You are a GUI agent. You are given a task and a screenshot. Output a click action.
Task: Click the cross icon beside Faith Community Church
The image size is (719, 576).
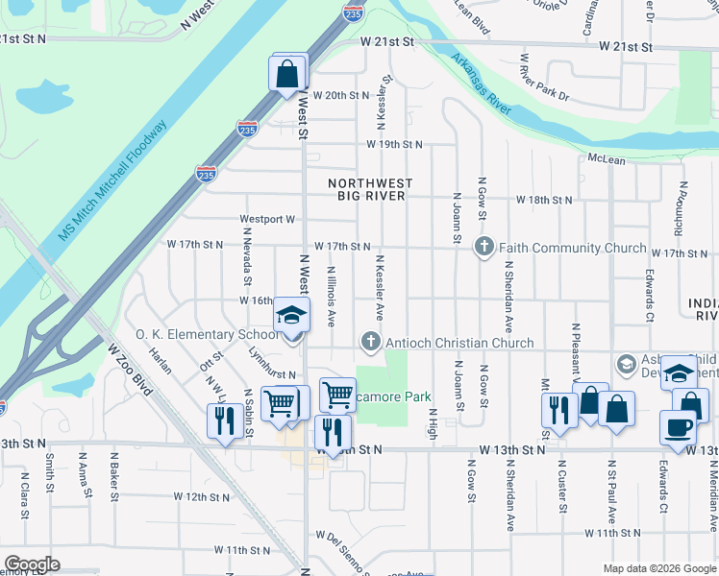[483, 248]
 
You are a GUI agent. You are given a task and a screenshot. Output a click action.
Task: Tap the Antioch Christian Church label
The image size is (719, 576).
[459, 343]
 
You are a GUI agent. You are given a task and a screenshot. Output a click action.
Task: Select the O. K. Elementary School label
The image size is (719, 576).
[207, 335]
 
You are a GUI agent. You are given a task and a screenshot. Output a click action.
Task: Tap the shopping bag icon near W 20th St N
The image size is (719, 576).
[288, 73]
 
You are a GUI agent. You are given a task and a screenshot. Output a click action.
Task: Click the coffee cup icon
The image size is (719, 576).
[678, 426]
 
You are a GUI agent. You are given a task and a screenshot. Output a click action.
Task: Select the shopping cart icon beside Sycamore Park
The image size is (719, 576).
[337, 395]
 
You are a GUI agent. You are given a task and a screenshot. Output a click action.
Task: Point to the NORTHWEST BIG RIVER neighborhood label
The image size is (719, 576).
[369, 189]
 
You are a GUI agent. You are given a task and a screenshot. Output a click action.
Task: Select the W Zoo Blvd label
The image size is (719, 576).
[130, 369]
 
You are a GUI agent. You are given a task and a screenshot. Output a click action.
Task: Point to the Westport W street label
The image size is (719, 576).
[267, 219]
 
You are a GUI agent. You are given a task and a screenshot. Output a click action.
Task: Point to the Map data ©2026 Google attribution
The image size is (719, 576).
[658, 568]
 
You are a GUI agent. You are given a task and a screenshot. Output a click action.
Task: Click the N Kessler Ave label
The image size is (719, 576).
[380, 288]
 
